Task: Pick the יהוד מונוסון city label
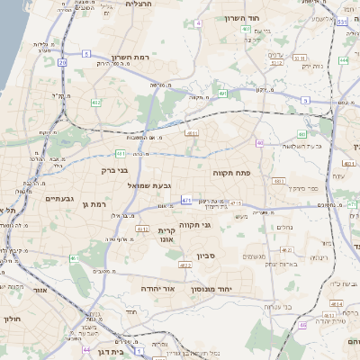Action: coord(211,290)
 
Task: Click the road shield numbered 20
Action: coord(62,62)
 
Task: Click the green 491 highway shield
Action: coord(222,93)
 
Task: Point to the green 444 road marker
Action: coord(345,61)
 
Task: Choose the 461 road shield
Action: coord(74,258)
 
